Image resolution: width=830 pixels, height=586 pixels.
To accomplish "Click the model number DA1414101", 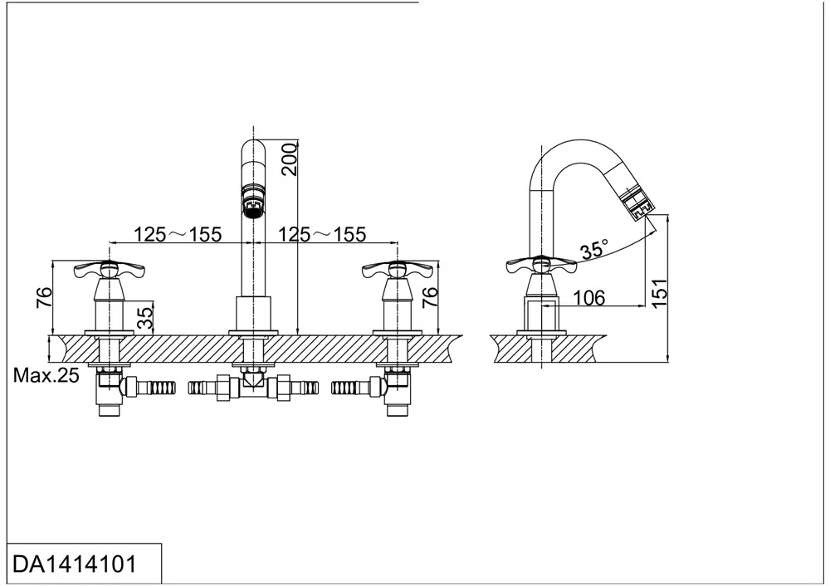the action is coord(75,564).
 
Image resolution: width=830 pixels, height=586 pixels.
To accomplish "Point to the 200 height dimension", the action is coord(290,159).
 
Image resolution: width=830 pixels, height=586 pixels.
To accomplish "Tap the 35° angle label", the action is coord(594,249).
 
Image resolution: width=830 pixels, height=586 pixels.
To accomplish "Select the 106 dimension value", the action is coord(589,298).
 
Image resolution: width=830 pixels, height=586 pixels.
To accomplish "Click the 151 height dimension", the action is coord(660,293).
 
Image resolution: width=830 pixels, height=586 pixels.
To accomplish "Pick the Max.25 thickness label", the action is coord(46,375).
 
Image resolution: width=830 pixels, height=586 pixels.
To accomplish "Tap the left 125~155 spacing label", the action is coord(178,234).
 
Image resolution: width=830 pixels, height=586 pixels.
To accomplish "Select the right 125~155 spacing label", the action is coord(322,234).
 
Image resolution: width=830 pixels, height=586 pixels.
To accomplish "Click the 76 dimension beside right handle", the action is coord(431,297).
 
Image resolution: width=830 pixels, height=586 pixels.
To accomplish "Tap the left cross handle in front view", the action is coord(109,271).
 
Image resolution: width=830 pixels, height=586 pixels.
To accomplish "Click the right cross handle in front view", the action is coord(398,271).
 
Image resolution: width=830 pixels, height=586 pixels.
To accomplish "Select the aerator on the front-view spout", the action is coord(253,201).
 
